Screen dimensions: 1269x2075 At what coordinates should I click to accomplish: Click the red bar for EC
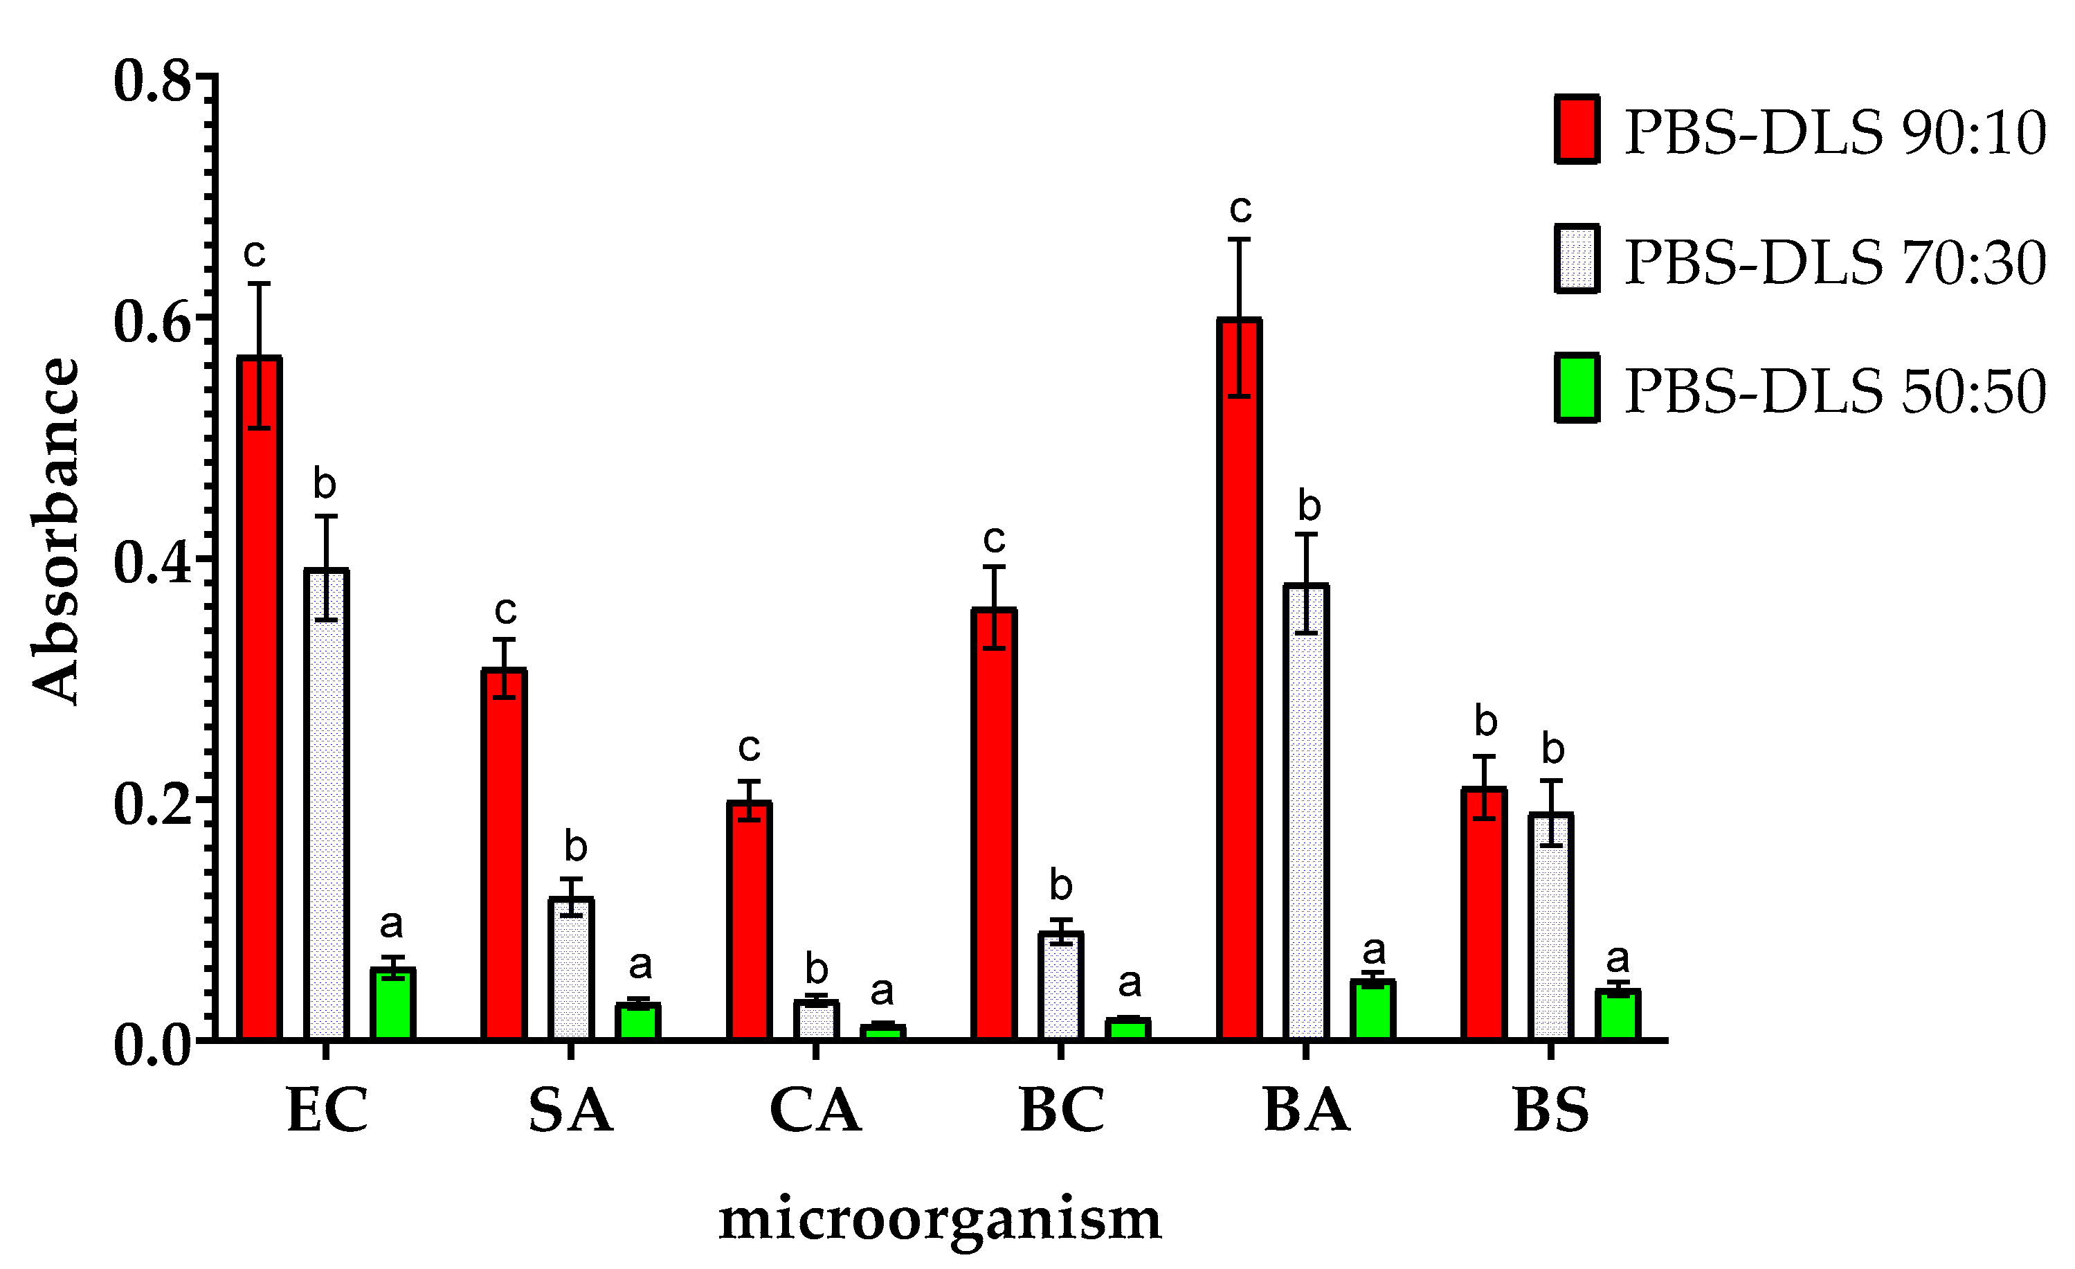click(259, 699)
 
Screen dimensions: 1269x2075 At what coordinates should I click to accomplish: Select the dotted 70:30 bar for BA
click(1306, 813)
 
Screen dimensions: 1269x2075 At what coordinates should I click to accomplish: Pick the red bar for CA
click(749, 920)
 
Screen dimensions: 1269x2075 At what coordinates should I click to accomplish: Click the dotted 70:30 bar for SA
click(571, 969)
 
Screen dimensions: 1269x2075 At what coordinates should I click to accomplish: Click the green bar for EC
click(392, 1005)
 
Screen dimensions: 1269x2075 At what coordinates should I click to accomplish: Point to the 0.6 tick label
click(152, 321)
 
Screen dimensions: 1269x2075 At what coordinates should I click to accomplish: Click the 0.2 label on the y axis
click(152, 802)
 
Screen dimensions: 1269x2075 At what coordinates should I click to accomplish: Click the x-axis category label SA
click(571, 1110)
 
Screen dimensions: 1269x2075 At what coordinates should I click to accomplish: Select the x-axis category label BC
click(1061, 1110)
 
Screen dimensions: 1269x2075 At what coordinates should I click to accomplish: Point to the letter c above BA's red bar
click(1240, 206)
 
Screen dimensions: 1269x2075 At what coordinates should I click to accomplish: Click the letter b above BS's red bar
click(1485, 721)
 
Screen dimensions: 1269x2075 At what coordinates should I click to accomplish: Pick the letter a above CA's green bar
click(881, 991)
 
